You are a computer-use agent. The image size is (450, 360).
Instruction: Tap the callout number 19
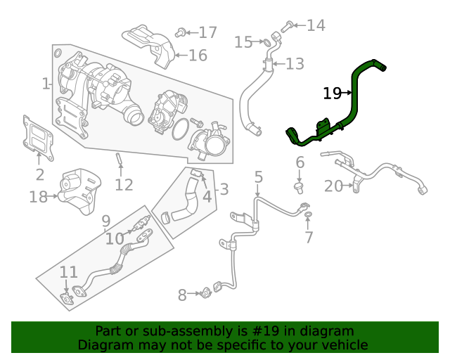pyautogui.click(x=332, y=93)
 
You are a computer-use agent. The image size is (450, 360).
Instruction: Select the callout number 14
pyautogui.click(x=316, y=26)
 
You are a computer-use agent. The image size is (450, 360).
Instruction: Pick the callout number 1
pyautogui.click(x=46, y=84)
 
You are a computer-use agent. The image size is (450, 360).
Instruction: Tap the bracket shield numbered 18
pyautogui.click(x=79, y=188)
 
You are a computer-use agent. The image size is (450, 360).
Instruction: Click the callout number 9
pyautogui.click(x=105, y=221)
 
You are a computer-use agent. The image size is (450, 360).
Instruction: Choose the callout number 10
pyautogui.click(x=115, y=239)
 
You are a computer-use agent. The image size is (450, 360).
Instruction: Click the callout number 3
pyautogui.click(x=224, y=188)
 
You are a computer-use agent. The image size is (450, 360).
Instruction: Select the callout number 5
pyautogui.click(x=258, y=176)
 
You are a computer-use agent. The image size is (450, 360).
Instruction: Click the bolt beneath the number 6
pyautogui.click(x=299, y=187)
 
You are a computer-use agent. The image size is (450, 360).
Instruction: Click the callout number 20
pyautogui.click(x=333, y=186)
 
